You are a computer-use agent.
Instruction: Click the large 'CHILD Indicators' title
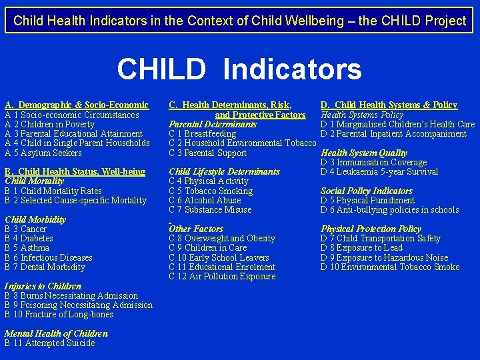pos(239,69)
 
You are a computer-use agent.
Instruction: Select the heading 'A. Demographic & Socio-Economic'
pos(77,105)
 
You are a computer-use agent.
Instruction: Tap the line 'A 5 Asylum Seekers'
pos(43,153)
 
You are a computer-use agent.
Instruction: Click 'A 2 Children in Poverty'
pos(50,124)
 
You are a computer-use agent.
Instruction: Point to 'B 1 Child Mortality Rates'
pos(53,191)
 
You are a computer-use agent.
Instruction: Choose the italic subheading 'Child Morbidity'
pos(35,219)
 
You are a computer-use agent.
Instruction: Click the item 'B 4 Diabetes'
pos(29,238)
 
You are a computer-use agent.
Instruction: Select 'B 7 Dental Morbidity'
pos(45,267)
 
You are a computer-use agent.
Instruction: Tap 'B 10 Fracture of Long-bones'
pos(59,314)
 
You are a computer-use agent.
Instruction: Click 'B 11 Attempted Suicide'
pos(50,343)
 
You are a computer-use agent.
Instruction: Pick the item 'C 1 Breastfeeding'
pos(203,133)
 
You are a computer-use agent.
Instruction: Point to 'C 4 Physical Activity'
pos(209,181)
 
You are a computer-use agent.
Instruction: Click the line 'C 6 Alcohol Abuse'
pos(205,200)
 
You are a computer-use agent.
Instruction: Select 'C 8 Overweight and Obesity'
pos(222,238)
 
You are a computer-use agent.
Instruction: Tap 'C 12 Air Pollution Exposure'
pos(222,276)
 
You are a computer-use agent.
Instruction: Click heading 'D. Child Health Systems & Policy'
pos(389,105)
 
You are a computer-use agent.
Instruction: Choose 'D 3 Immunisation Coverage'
pos(373,162)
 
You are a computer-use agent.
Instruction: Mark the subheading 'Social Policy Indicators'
pos(367,191)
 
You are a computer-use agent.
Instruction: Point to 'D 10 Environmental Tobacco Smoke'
pos(390,267)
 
